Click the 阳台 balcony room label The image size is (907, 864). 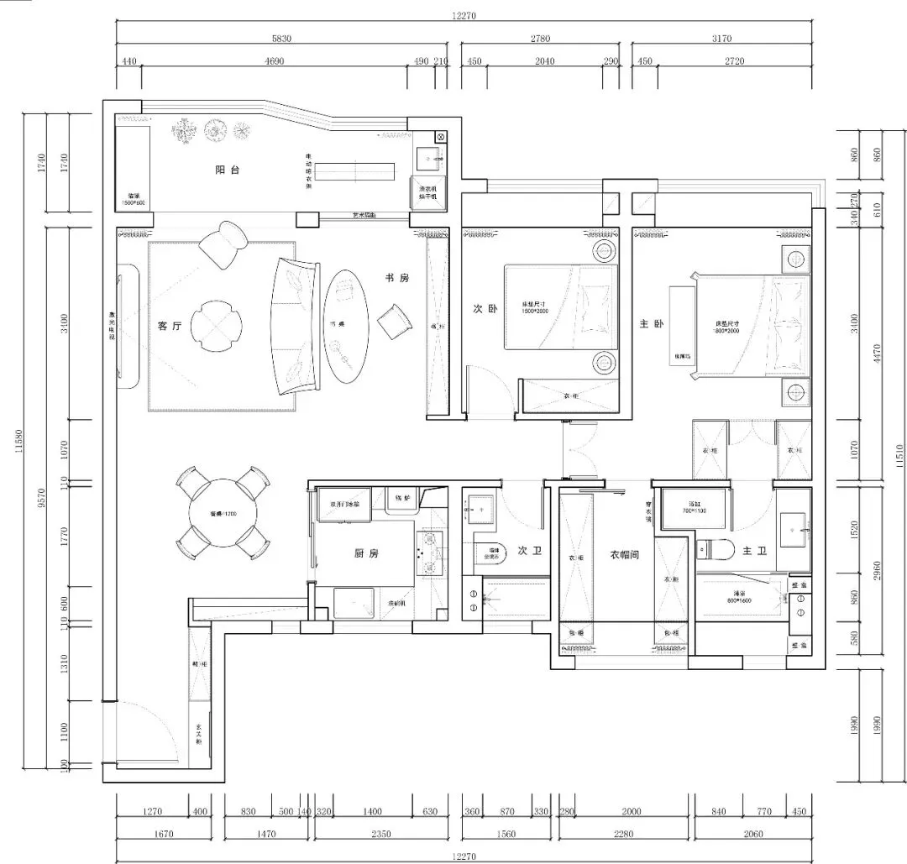pyautogui.click(x=227, y=170)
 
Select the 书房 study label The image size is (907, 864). pyautogui.click(x=397, y=278)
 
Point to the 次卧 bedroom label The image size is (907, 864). pyautogui.click(x=485, y=309)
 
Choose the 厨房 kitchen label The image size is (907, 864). pyautogui.click(x=366, y=552)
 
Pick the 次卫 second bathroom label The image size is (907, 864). pyautogui.click(x=528, y=551)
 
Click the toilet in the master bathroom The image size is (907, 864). pyautogui.click(x=716, y=551)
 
